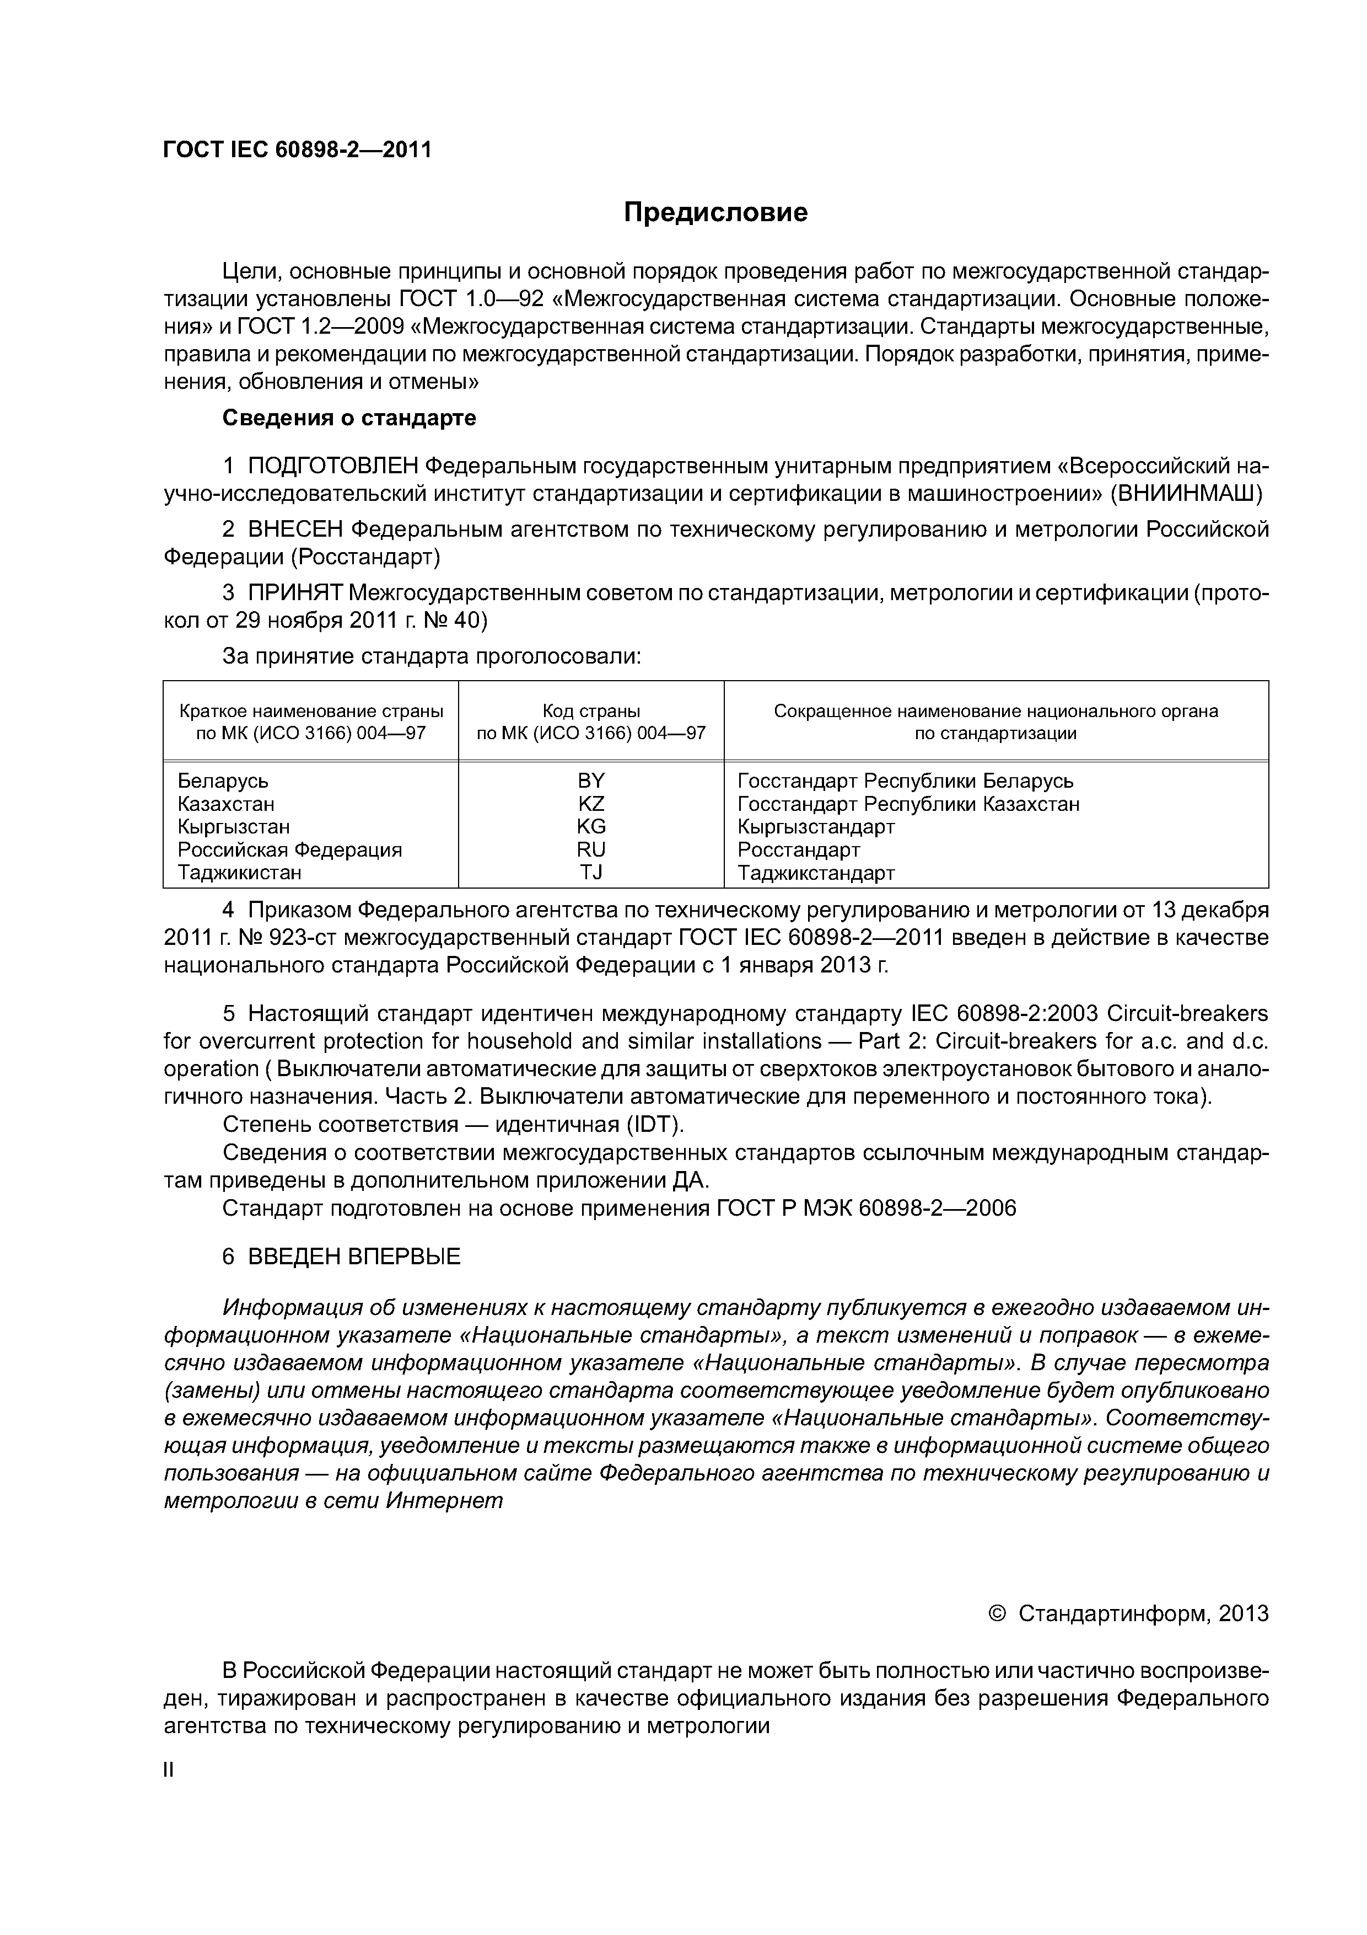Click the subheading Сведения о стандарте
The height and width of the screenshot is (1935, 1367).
349,418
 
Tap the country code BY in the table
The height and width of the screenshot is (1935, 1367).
591,781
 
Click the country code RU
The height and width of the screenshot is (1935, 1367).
591,849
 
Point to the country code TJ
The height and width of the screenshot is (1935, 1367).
591,872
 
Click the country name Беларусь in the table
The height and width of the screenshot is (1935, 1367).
223,781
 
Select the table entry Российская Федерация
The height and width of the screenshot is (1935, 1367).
290,849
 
